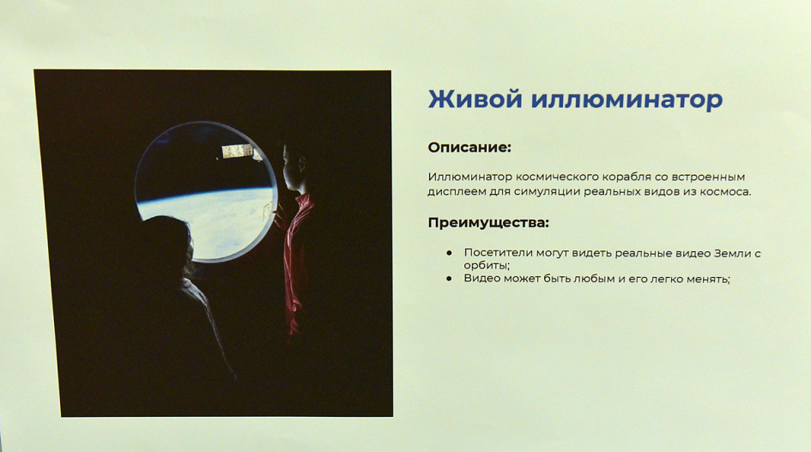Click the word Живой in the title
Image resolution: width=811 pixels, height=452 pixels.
click(x=475, y=99)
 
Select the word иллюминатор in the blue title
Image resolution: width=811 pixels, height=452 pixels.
click(x=626, y=99)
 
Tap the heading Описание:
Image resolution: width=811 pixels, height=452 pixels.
click(x=469, y=148)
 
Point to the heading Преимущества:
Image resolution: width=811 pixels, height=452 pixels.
click(x=488, y=223)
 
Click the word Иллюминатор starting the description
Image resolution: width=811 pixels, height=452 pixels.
click(x=469, y=177)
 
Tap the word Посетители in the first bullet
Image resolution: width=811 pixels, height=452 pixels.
click(x=498, y=253)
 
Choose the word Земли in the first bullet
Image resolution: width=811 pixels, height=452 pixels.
click(x=732, y=253)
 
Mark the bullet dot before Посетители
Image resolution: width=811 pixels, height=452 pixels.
click(x=449, y=253)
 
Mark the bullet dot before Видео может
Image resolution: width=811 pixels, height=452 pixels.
click(x=449, y=278)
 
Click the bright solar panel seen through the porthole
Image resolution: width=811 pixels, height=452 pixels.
click(x=238, y=151)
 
